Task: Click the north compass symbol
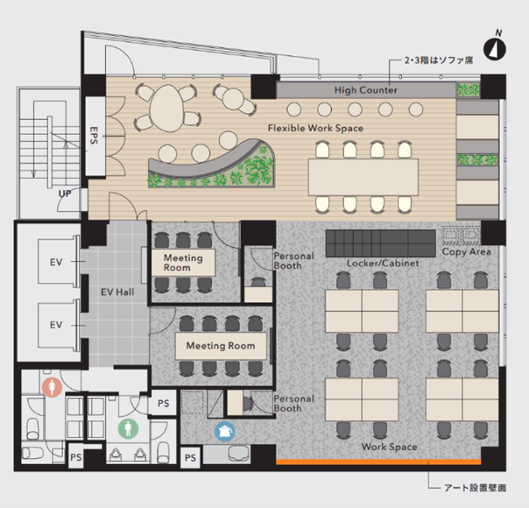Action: (495, 49)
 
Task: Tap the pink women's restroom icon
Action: (52, 387)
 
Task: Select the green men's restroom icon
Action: (128, 428)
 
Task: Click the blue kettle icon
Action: (225, 431)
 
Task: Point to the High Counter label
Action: (366, 90)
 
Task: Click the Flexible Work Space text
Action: (315, 128)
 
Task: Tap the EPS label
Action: (94, 135)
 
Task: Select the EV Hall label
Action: (117, 292)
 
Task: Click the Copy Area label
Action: (466, 251)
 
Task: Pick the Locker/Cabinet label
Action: (383, 263)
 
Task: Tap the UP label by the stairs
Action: (65, 194)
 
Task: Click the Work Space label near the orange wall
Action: (390, 447)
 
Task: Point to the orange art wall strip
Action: (378, 462)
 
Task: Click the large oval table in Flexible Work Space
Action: (167, 108)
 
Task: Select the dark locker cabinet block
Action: (381, 243)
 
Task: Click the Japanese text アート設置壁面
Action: (475, 488)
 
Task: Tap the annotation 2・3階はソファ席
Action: (439, 60)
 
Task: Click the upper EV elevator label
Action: (56, 262)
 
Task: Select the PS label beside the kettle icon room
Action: (190, 458)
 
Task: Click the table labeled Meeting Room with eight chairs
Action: (221, 346)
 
